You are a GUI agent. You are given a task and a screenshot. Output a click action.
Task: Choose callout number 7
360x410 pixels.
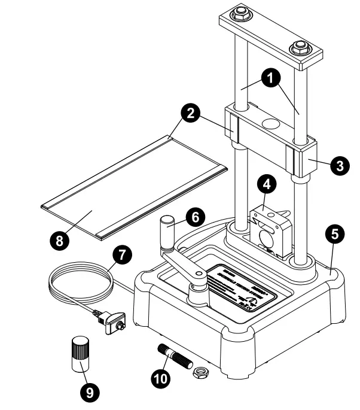click(121, 255)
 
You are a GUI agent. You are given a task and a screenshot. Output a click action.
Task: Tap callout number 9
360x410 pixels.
click(88, 392)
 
